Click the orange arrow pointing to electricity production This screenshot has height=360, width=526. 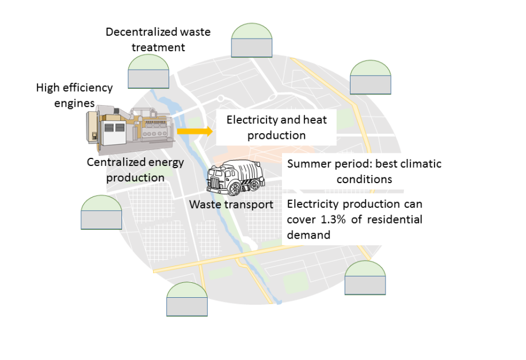click(x=193, y=131)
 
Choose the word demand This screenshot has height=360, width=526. click(x=308, y=234)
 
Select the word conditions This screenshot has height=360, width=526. click(x=364, y=179)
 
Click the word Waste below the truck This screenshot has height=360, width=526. click(x=205, y=204)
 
